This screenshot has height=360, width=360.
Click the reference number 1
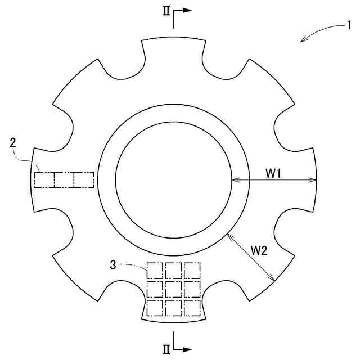[349, 25]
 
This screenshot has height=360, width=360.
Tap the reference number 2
[13, 142]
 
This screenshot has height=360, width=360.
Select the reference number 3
[113, 265]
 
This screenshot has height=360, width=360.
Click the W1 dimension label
[273, 173]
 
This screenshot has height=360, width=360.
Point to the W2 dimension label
[259, 251]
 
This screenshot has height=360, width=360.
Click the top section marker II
[166, 11]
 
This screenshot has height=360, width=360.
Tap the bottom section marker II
[166, 350]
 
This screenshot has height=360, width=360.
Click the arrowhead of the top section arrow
[187, 10]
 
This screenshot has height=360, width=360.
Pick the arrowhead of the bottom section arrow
[187, 349]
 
